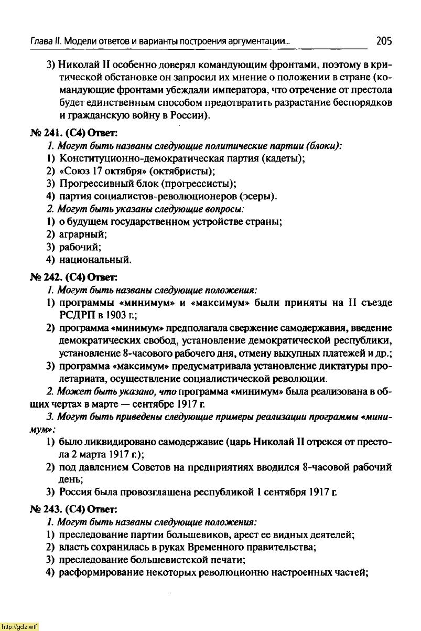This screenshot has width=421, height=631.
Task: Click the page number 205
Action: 383,41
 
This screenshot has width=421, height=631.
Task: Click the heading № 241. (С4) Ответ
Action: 73,132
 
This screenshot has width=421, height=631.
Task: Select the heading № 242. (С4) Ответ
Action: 73,276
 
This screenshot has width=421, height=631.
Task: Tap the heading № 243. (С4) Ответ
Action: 73,509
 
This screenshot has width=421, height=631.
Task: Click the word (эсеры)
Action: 257,197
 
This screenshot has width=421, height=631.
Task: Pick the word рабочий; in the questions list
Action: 81,247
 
